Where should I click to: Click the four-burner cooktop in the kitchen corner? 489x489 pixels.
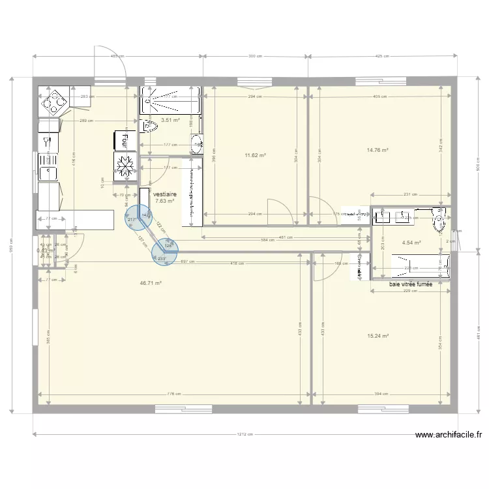point(52,101)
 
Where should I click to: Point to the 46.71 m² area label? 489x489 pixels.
point(151,284)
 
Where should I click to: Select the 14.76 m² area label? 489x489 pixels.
point(378,150)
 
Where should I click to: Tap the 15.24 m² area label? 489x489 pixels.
point(378,336)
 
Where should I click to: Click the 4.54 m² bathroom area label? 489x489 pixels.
point(411,243)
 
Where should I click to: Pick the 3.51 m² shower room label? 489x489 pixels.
point(171,120)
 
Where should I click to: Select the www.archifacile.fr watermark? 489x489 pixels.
point(449,435)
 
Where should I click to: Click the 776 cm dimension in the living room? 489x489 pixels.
point(173,394)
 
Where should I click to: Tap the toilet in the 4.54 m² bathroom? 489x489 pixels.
point(439,222)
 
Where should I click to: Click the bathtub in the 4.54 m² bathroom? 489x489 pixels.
point(420,265)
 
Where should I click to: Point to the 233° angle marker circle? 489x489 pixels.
point(164,254)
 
